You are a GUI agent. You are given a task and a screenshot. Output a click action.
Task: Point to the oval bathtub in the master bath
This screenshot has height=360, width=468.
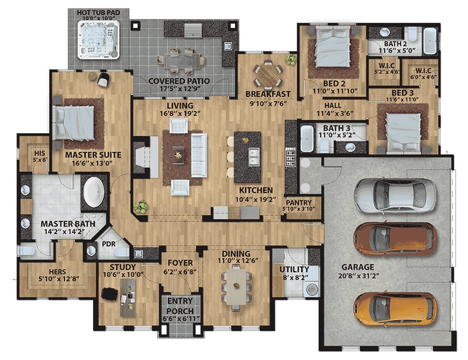[x=92, y=193]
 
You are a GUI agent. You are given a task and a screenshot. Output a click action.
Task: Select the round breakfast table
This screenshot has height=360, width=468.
[x=267, y=74]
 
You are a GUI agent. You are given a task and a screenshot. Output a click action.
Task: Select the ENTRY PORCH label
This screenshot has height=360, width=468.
[x=180, y=306]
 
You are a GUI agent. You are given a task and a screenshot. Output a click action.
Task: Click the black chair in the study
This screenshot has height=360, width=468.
[x=109, y=293]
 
